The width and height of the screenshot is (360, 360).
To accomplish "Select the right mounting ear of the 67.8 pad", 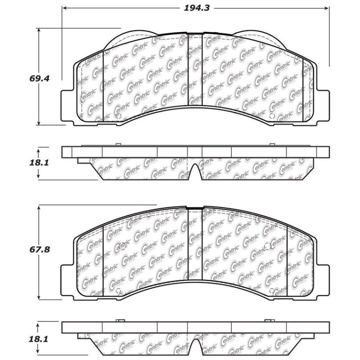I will coord(323,279).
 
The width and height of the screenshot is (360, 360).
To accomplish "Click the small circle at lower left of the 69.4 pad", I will coord(118,116).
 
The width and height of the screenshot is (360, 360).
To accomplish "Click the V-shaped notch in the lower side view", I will coord(195,346).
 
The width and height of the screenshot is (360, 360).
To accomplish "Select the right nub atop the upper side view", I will coord(271,144).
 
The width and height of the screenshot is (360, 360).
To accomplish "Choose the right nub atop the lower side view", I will coord(270,320).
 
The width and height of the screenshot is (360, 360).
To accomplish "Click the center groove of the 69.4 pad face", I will coord(195,72).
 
